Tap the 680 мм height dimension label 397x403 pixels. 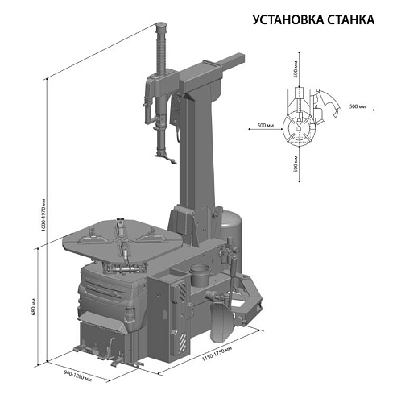(31, 306)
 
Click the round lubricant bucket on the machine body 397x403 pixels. (199, 275)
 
